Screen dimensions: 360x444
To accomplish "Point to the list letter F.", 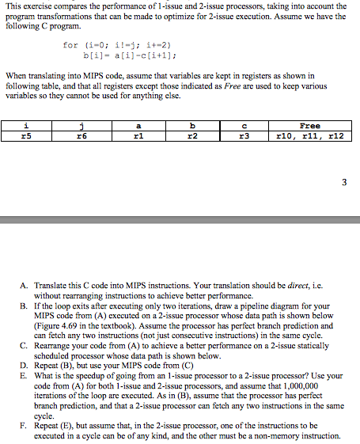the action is pyautogui.click(x=25, y=424).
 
